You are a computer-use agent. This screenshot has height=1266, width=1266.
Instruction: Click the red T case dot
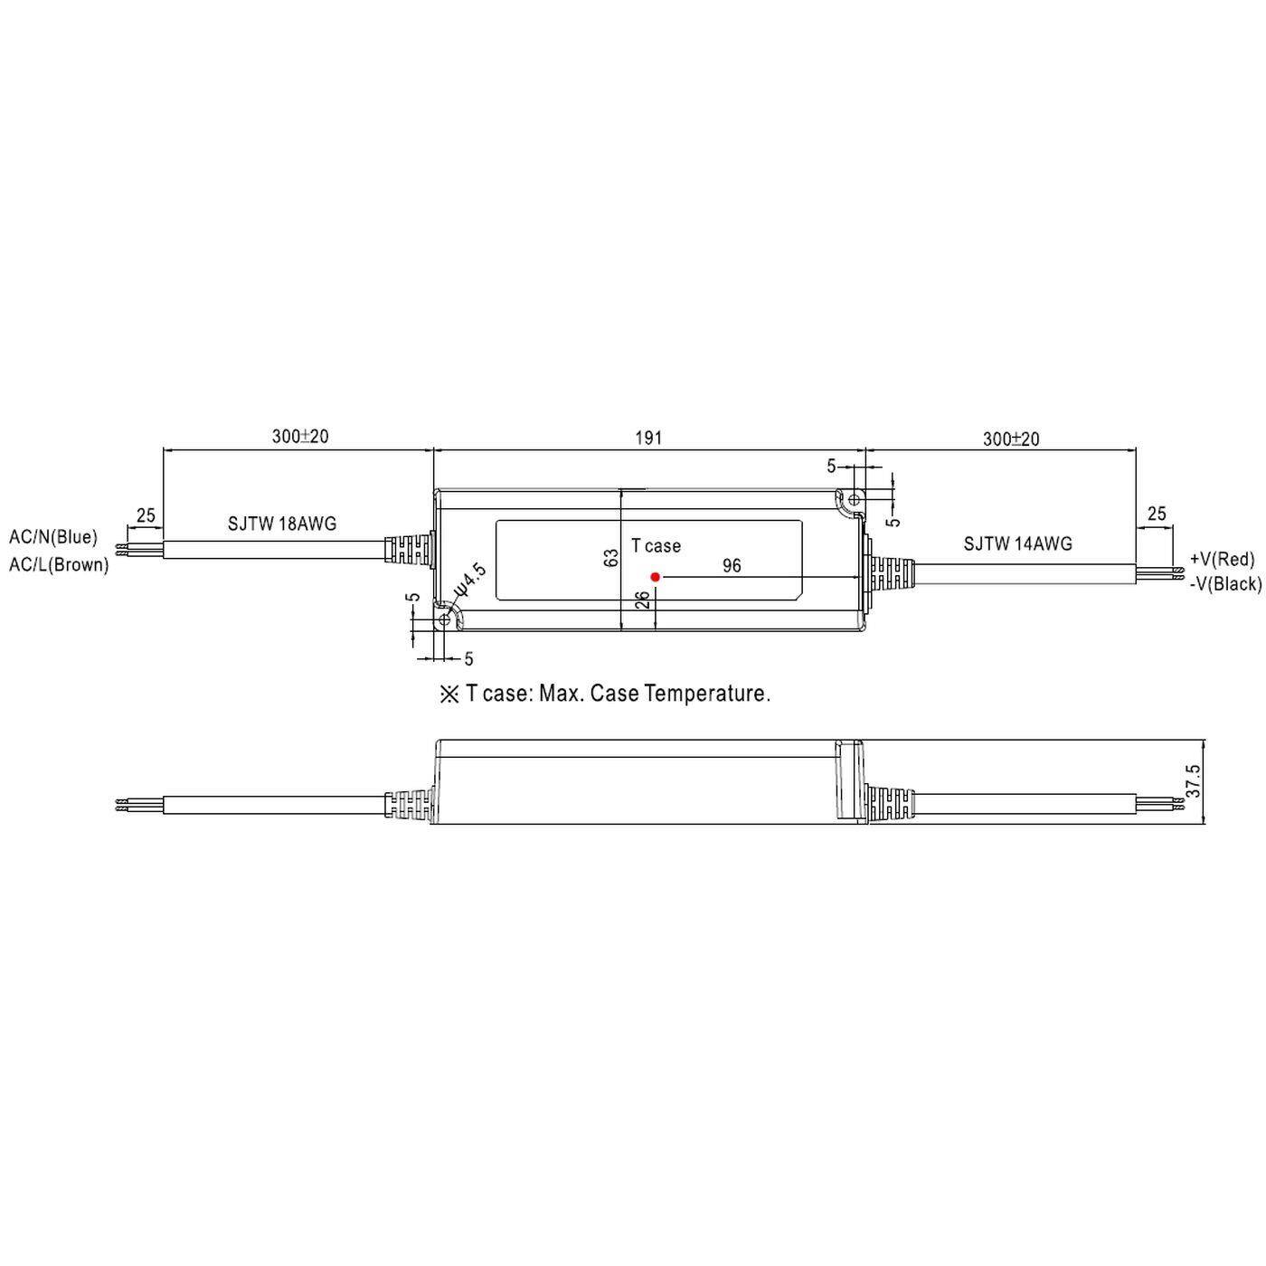pos(656,576)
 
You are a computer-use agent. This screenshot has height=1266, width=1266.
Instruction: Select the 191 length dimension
pos(648,438)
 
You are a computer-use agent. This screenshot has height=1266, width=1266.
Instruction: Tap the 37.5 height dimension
pos(1193,781)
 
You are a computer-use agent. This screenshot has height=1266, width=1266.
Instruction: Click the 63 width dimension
pos(612,558)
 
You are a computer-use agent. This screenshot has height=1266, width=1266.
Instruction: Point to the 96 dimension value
pos(732,566)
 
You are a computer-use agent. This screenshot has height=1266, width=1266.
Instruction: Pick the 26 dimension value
pos(641,600)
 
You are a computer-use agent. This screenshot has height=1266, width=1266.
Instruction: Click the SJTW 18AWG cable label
pos(282,524)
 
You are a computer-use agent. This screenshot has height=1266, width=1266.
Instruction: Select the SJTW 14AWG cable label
pos(1017,543)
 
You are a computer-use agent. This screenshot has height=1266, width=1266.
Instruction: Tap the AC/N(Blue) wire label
pos(53,537)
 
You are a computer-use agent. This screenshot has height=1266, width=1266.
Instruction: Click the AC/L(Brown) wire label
pos(59,565)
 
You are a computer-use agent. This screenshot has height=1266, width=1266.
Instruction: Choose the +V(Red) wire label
pos(1222,559)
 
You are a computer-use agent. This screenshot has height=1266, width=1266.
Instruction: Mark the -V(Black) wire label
pos(1225,584)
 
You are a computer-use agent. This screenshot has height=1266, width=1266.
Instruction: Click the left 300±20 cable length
pos(300,437)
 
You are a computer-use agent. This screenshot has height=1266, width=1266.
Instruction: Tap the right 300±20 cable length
pos(1011,439)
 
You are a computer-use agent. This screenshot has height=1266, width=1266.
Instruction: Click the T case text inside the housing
pos(656,546)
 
